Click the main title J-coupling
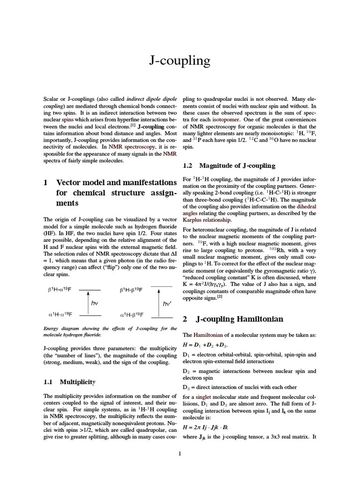[180, 61]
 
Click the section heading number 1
[45, 182]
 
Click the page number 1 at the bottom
[180, 453]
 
